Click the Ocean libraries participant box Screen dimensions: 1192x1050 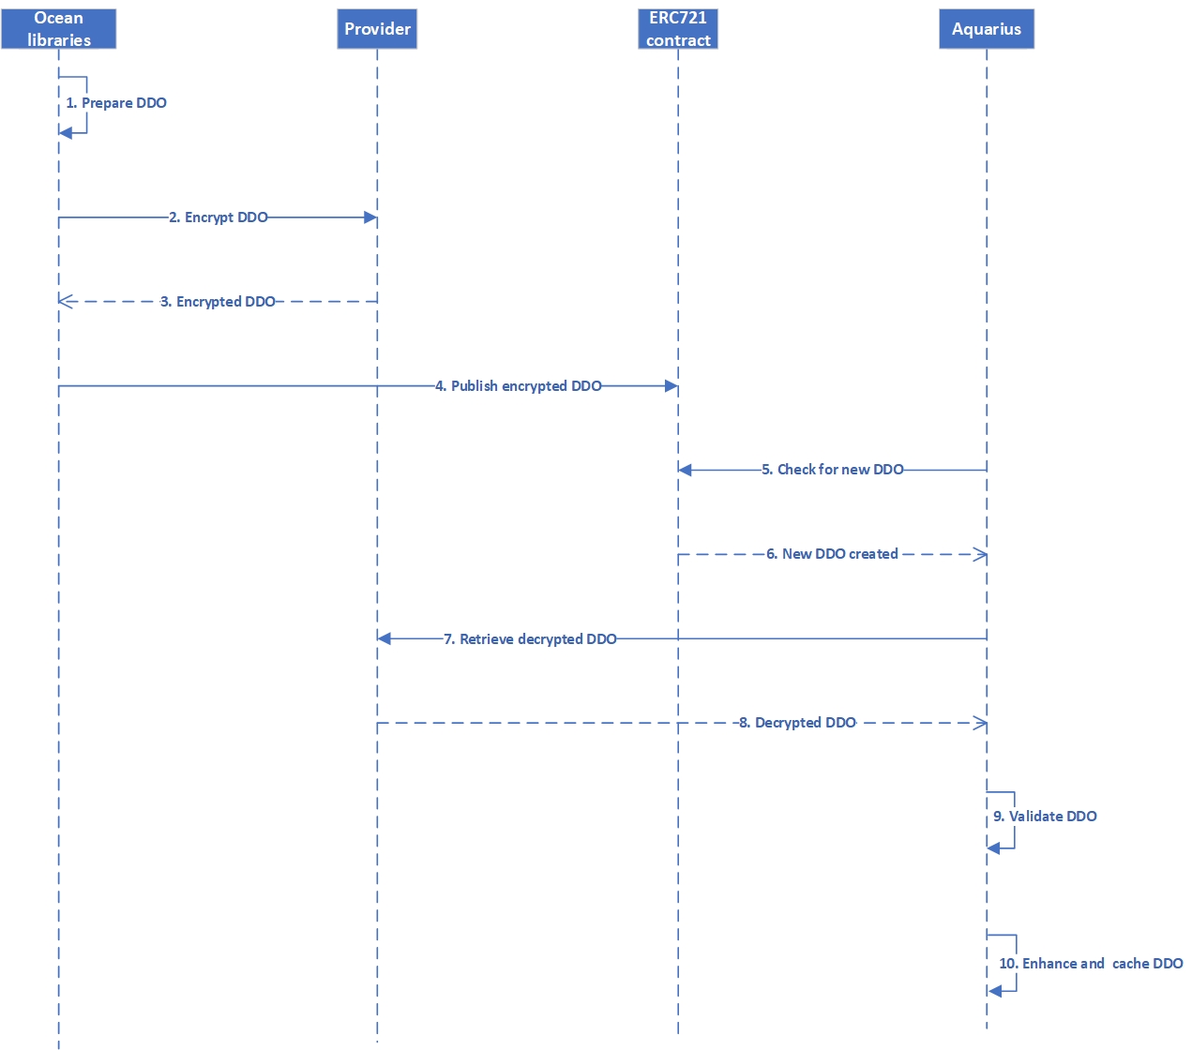click(58, 28)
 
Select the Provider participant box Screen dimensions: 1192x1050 click(377, 28)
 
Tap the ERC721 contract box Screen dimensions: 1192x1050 click(678, 28)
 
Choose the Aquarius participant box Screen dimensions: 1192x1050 click(987, 28)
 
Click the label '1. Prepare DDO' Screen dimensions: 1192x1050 click(116, 103)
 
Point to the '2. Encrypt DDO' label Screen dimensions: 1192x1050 click(219, 217)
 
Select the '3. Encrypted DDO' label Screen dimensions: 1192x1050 click(218, 302)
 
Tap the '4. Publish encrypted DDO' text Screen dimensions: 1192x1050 click(519, 386)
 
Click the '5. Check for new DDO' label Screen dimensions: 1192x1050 click(833, 470)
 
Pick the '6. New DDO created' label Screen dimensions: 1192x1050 click(832, 554)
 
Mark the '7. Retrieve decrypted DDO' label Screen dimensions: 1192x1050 click(530, 638)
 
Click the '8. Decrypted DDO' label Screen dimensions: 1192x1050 click(797, 723)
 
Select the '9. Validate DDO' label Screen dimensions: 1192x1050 click(1045, 817)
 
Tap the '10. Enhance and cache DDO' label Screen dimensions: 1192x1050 click(1091, 964)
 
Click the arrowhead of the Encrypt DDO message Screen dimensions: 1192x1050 click(370, 217)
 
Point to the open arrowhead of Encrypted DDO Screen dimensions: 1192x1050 click(66, 301)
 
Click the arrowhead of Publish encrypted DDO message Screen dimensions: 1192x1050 click(671, 386)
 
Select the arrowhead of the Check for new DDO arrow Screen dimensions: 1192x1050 click(685, 470)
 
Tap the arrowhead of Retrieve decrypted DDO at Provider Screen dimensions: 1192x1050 click(384, 638)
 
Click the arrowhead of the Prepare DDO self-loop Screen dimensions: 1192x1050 click(65, 133)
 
